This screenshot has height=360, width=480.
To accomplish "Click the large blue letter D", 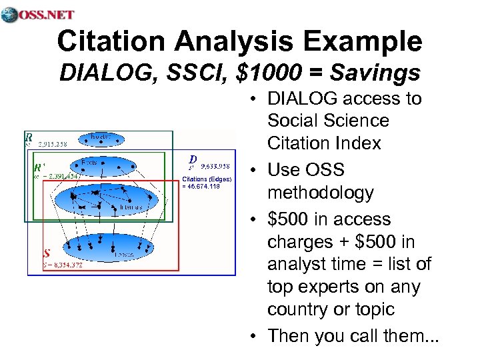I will tap(192, 159).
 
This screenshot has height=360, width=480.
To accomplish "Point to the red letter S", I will tap(47, 254).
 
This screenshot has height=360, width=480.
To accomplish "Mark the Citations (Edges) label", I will tap(206, 178).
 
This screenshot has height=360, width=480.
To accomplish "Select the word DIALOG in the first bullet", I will tap(301, 99).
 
